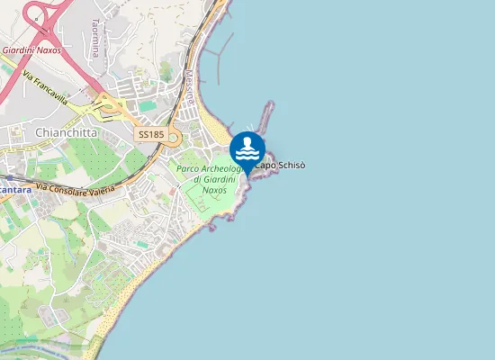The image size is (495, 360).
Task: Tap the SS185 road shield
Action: pos(150,134)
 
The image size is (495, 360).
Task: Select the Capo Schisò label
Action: pos(280,166)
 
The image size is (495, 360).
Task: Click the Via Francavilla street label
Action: pos(45,86)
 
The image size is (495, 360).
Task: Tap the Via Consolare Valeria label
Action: pos(76,189)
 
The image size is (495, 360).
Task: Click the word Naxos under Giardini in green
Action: pos(214,190)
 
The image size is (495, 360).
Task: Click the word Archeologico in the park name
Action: pos(220,168)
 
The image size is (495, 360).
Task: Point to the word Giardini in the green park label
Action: pos(212,179)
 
